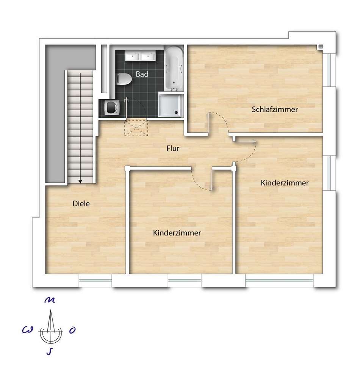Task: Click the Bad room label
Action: [142, 74]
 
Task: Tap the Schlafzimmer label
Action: [275, 109]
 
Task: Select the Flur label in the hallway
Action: [173, 148]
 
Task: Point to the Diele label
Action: [81, 204]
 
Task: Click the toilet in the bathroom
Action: [124, 79]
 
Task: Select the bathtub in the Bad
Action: [174, 68]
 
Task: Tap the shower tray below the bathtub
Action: [170, 105]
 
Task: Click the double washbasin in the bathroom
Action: [140, 56]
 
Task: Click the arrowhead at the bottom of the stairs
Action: [80, 182]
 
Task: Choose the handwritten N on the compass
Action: [50, 300]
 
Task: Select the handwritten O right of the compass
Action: [72, 330]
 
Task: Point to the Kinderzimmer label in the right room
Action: [285, 183]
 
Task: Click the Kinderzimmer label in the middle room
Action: [177, 233]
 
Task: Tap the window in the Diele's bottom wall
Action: [95, 280]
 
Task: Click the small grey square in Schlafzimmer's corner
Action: [320, 46]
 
